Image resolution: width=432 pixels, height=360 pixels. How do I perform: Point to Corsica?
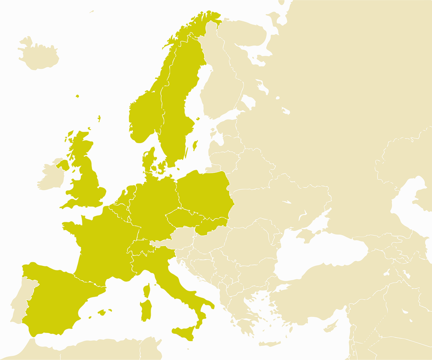[x=147, y=290]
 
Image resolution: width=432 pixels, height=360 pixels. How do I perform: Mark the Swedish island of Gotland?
[x=195, y=145]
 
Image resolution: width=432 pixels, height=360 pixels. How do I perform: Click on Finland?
[x=220, y=85]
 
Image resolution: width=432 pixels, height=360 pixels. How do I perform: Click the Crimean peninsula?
[x=310, y=233]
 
